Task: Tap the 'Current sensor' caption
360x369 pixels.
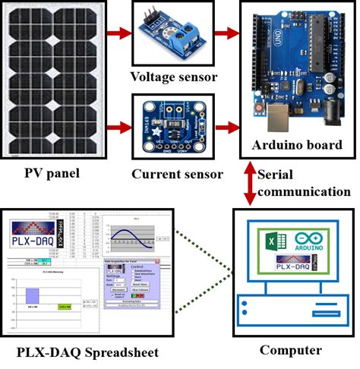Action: [x=177, y=175]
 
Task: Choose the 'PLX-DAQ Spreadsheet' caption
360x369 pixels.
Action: [x=90, y=353]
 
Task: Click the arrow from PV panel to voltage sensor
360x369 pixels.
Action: [x=117, y=34]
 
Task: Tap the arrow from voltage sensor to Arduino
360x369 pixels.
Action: [x=226, y=34]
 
